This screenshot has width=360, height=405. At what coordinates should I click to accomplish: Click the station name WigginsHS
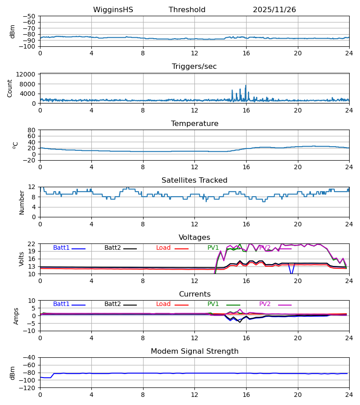click(x=113, y=10)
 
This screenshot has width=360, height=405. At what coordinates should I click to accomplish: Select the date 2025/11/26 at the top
click(x=274, y=10)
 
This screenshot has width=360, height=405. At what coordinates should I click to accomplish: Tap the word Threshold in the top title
click(x=187, y=10)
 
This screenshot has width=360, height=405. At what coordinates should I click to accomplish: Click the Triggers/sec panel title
click(x=194, y=67)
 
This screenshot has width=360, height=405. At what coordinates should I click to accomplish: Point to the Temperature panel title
click(x=194, y=124)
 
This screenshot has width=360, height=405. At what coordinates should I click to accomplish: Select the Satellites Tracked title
click(x=194, y=180)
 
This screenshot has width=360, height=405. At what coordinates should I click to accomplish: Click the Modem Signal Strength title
click(x=194, y=351)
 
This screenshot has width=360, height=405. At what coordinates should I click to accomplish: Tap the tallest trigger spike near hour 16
click(x=246, y=85)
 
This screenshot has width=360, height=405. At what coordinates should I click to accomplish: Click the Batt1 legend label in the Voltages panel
click(x=61, y=248)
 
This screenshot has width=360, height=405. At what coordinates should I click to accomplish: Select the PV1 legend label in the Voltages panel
click(x=213, y=248)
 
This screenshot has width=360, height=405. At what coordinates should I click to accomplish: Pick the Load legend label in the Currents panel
click(x=163, y=304)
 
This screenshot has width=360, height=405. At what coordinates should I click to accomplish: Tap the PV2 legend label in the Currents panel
click(x=265, y=304)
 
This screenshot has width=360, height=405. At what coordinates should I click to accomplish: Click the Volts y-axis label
click(x=22, y=259)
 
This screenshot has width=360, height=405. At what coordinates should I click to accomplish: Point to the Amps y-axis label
click(x=16, y=316)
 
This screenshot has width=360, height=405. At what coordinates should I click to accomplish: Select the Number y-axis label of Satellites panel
click(x=22, y=202)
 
